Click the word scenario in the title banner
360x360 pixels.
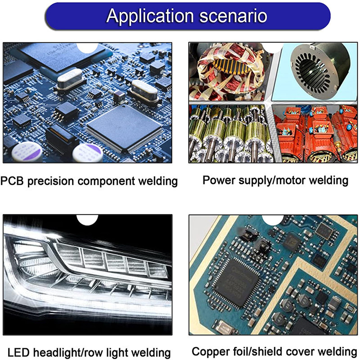(x=233, y=16)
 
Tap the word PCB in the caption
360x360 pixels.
(x=12, y=181)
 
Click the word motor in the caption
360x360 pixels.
(x=290, y=180)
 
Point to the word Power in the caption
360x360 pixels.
(x=219, y=180)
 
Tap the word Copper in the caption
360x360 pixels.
(x=211, y=352)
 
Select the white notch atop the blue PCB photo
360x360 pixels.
(x=87, y=48)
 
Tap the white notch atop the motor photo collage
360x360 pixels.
(x=273, y=48)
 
